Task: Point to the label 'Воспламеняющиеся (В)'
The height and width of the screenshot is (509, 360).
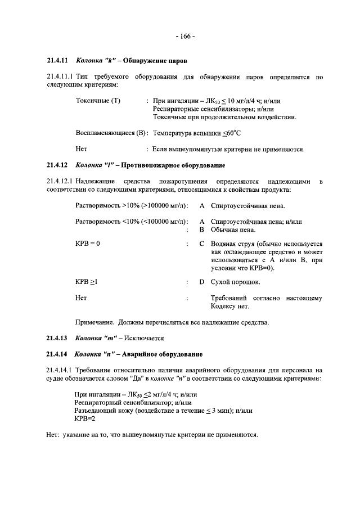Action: click(x=111, y=133)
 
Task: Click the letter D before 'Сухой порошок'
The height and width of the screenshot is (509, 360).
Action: click(x=201, y=281)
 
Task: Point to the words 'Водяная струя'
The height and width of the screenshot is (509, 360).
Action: click(x=232, y=244)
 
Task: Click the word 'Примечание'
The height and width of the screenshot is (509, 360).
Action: click(x=94, y=322)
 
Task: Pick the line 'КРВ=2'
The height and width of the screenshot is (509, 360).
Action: click(x=85, y=419)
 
